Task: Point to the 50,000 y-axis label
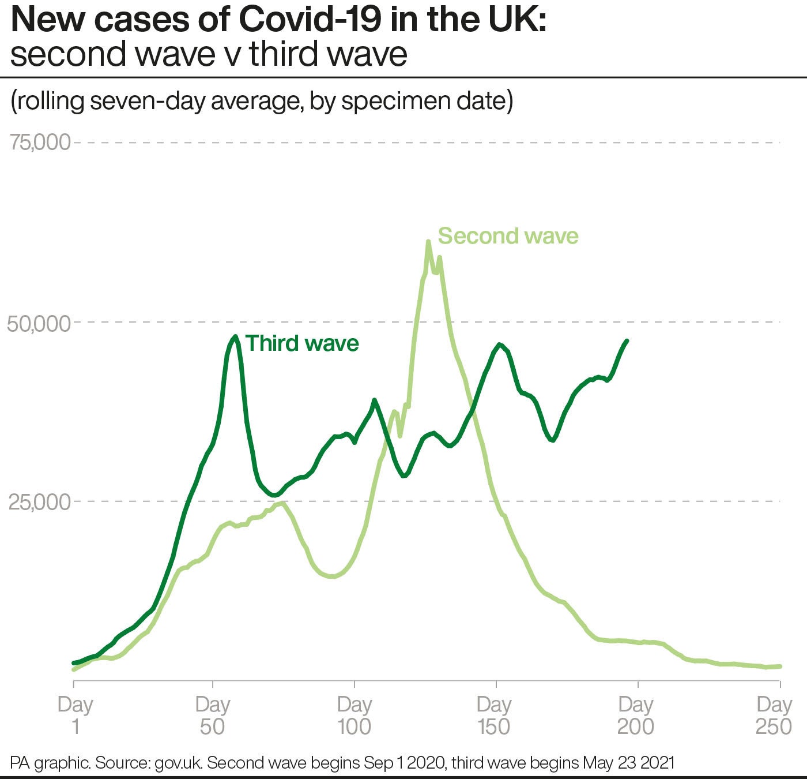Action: pos(39,323)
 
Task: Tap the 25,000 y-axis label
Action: pos(39,502)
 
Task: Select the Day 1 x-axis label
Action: pos(75,715)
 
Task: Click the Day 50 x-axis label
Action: pos(213,715)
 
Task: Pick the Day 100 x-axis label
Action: pos(354,715)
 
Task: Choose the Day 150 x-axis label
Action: pos(494,715)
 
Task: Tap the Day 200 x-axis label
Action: pos(636,715)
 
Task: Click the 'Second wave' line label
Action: pos(508,236)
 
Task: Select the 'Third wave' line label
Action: pos(302,343)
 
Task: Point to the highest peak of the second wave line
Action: pos(428,242)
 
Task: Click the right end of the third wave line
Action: pos(627,341)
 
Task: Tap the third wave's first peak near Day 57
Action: pos(235,336)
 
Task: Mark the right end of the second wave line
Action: pos(780,666)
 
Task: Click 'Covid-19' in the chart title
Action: pos(308,20)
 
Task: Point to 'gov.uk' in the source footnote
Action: pos(178,763)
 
